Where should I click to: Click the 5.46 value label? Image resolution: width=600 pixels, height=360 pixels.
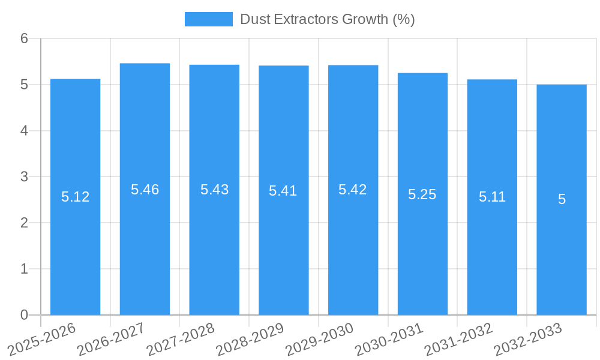pyautogui.click(x=145, y=190)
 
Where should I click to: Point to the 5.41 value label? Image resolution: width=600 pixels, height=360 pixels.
pyautogui.click(x=283, y=191)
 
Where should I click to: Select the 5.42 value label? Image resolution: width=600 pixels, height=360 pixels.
pyautogui.click(x=353, y=190)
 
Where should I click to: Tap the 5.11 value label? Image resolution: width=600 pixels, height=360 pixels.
pyautogui.click(x=492, y=196)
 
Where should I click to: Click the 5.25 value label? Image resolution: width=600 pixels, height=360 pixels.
pyautogui.click(x=422, y=194)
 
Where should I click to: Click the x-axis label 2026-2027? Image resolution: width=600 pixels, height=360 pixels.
pyautogui.click(x=111, y=338)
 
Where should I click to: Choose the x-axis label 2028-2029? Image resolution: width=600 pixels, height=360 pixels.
pyautogui.click(x=250, y=338)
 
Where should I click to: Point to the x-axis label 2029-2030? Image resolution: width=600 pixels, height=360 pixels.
pyautogui.click(x=319, y=338)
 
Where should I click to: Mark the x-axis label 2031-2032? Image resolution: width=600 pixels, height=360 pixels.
pyautogui.click(x=458, y=338)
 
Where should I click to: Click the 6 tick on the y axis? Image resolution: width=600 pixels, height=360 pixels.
pyautogui.click(x=25, y=38)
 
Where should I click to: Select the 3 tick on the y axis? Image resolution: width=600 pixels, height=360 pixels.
pyautogui.click(x=25, y=177)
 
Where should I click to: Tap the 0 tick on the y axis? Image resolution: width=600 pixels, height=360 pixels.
pyautogui.click(x=25, y=315)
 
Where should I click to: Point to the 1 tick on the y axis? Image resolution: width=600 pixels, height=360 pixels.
pyautogui.click(x=25, y=269)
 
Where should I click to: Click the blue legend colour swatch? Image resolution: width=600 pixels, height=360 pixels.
pyautogui.click(x=208, y=19)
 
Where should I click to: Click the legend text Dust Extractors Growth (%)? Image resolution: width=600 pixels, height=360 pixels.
pyautogui.click(x=328, y=19)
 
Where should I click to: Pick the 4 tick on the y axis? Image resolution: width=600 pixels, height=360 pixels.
pyautogui.click(x=25, y=131)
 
